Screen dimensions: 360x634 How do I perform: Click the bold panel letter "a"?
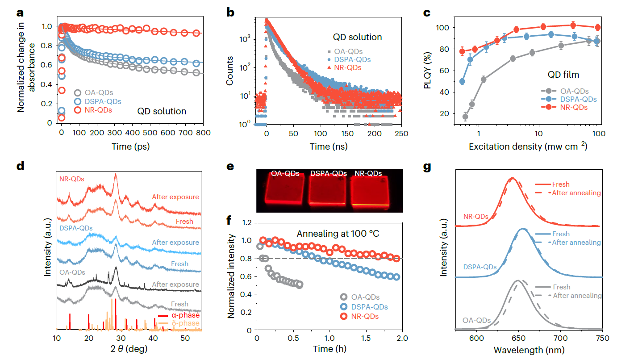[20, 12]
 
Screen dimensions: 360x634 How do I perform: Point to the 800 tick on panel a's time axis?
[203, 133]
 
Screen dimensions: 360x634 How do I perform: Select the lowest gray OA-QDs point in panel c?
[465, 117]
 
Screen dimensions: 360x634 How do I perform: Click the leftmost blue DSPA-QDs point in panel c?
[462, 81]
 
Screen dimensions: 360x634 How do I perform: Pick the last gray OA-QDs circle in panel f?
[299, 285]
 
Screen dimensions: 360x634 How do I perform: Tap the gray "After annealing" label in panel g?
[577, 296]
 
